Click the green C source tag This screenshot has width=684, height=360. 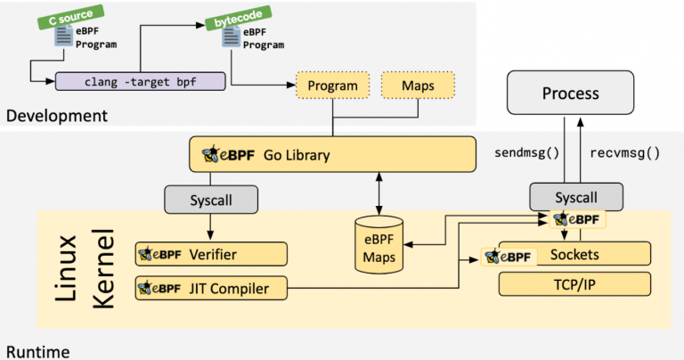(x=70, y=17)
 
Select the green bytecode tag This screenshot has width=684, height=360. (x=238, y=18)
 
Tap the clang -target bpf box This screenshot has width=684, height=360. (x=141, y=82)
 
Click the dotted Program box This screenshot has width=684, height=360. (x=333, y=85)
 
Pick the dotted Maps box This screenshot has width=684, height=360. (x=418, y=85)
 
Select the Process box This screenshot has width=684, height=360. (x=570, y=93)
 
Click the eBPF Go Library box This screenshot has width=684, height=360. (x=332, y=154)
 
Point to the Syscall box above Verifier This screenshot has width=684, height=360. (x=211, y=200)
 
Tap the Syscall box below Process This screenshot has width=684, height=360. (x=576, y=197)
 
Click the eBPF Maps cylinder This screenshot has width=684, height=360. (x=379, y=245)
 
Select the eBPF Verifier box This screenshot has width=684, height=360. (x=211, y=254)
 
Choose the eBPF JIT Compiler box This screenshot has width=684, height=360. (x=211, y=288)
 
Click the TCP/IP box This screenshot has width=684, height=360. (x=574, y=284)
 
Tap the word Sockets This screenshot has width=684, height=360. (x=574, y=254)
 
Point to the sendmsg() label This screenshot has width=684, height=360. (x=526, y=152)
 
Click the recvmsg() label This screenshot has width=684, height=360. (x=624, y=152)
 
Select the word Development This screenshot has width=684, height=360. (x=57, y=116)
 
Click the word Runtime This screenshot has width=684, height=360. (x=38, y=352)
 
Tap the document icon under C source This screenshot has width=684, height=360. (x=64, y=36)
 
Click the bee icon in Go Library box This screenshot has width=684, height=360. (x=211, y=154)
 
